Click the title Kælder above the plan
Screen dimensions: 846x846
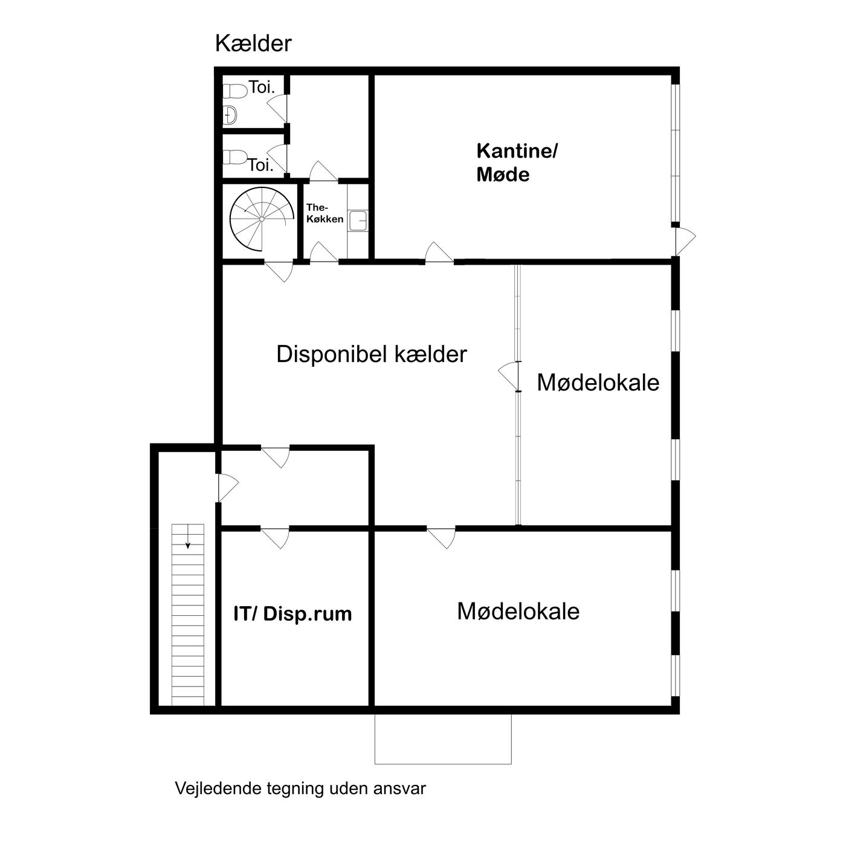click(253, 44)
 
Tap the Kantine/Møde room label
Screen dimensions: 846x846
click(516, 163)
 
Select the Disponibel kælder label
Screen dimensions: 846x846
click(372, 354)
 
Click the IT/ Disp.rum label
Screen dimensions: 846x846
click(292, 614)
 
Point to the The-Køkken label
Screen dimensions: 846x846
click(325, 213)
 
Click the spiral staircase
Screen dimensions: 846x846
click(262, 219)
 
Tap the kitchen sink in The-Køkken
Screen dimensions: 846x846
click(358, 221)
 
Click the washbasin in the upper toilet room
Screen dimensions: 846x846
click(230, 115)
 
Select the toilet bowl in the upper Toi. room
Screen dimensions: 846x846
click(234, 91)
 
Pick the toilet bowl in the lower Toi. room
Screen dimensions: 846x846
click(234, 157)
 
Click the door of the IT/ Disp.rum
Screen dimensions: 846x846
click(276, 537)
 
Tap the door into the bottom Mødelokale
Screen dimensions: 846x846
click(441, 537)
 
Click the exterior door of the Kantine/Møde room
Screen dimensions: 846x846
click(685, 241)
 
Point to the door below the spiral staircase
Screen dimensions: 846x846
click(279, 271)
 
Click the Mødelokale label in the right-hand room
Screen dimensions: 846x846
click(598, 383)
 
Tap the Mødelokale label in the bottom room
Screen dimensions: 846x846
click(518, 612)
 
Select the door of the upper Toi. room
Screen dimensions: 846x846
click(277, 108)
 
